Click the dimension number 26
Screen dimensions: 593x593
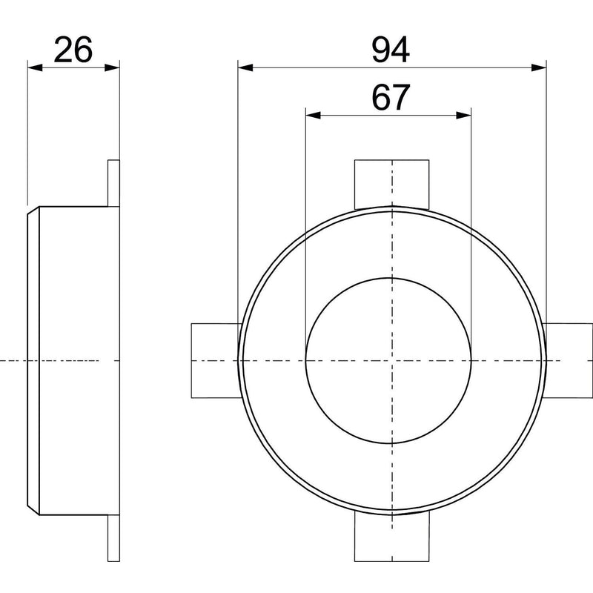73,50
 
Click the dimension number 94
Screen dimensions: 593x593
391,50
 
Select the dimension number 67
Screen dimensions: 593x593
391,97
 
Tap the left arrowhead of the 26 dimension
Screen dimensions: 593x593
35,67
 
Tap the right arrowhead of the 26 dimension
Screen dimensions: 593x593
113,67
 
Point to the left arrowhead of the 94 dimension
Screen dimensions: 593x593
245,67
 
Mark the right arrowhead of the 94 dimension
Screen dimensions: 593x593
539,67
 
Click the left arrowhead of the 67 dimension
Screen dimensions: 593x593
313,116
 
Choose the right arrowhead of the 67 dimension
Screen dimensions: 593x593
464,116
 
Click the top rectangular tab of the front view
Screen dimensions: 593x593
392,184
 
